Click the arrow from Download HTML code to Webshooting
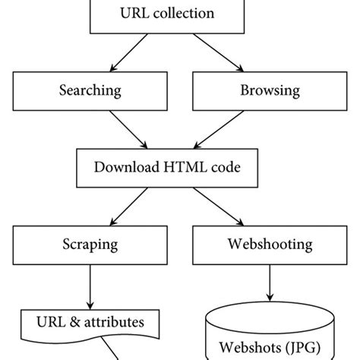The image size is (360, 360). [219, 207]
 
